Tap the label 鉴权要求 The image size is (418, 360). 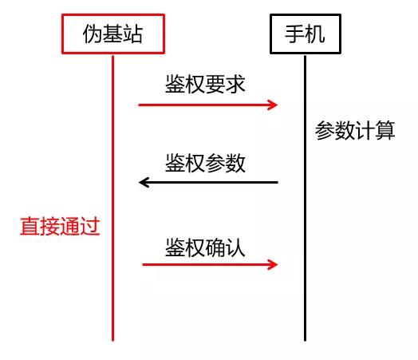pyautogui.click(x=205, y=84)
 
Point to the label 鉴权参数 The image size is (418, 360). pyautogui.click(x=205, y=163)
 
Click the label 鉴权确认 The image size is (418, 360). pyautogui.click(x=205, y=247)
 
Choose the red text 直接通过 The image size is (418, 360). pyautogui.click(x=60, y=226)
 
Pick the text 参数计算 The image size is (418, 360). pyautogui.click(x=355, y=130)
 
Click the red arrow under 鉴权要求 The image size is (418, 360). pyautogui.click(x=208, y=105)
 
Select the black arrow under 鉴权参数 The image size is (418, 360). pyautogui.click(x=208, y=183)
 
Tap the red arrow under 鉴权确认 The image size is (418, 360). pyautogui.click(x=210, y=264)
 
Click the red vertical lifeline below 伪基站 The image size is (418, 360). pyautogui.click(x=112, y=198)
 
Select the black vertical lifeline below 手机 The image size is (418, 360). pyautogui.click(x=305, y=198)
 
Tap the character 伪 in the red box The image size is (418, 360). pyautogui.click(x=93, y=34)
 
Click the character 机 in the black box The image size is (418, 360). pyautogui.click(x=315, y=34)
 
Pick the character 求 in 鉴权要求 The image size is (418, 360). pyautogui.click(x=235, y=84)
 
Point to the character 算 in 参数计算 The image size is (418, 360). pyautogui.click(x=385, y=130)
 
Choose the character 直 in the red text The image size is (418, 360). pyautogui.click(x=30, y=226)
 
